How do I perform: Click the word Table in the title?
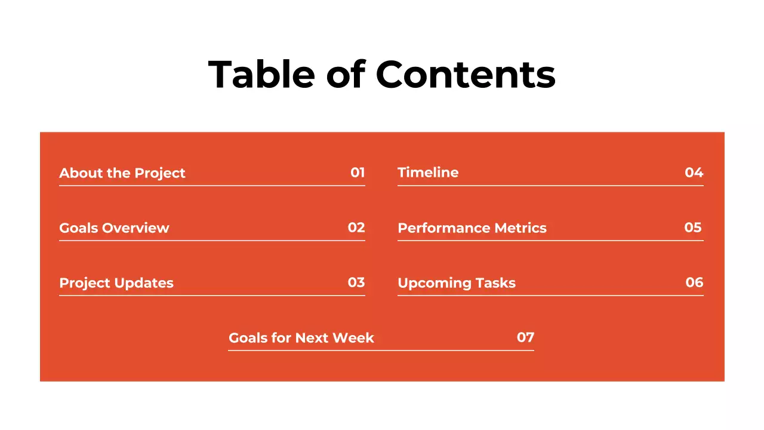(261, 75)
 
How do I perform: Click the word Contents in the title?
(465, 75)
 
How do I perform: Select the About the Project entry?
(122, 173)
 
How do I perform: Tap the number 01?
(358, 173)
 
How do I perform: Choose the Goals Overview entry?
(114, 228)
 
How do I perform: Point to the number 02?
(356, 228)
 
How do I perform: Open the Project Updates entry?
(116, 283)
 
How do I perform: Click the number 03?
(356, 282)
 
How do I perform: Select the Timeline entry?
(428, 173)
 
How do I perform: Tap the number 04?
(694, 173)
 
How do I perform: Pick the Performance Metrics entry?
(472, 228)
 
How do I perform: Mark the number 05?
(693, 228)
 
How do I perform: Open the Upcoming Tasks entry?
(457, 283)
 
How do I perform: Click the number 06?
(694, 282)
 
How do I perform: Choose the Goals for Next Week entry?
(301, 338)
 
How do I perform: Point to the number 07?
(525, 337)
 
